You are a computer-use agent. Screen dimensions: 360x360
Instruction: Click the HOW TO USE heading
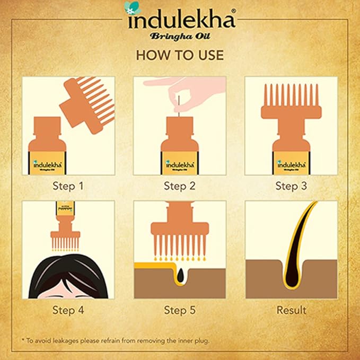click(x=180, y=55)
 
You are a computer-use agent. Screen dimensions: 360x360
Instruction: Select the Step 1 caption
click(x=68, y=186)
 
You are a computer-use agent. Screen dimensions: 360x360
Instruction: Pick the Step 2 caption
click(x=180, y=186)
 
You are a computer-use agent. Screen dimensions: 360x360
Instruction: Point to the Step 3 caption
click(x=291, y=186)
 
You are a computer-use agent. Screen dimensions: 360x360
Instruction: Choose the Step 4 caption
click(x=68, y=310)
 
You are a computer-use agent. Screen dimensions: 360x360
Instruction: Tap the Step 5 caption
click(x=180, y=310)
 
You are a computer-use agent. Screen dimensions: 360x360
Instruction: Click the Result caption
click(x=291, y=310)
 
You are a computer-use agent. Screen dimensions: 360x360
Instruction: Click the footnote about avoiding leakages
click(x=115, y=340)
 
